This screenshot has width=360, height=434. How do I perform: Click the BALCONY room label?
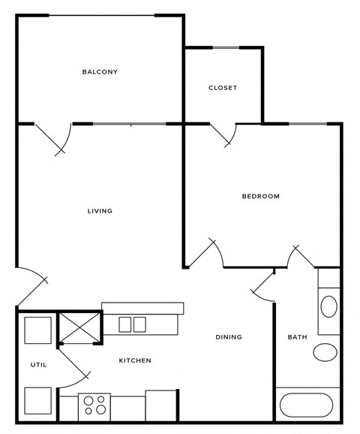pyautogui.click(x=100, y=72)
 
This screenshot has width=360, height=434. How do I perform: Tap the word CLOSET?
pyautogui.click(x=223, y=88)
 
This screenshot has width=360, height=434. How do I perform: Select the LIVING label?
pyautogui.click(x=100, y=211)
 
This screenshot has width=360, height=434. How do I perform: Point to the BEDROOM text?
pyautogui.click(x=260, y=197)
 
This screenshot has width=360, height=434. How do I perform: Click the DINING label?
pyautogui.click(x=229, y=337)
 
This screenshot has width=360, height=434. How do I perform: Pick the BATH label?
pyautogui.click(x=297, y=337)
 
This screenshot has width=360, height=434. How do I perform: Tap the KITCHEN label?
pyautogui.click(x=135, y=361)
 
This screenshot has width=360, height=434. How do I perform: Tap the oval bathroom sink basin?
pyautogui.click(x=328, y=306)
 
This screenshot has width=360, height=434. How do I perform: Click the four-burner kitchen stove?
pyautogui.click(x=95, y=405)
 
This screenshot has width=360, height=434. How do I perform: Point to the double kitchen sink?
pyautogui.click(x=131, y=324)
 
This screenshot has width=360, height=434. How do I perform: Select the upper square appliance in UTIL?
pyautogui.click(x=37, y=330)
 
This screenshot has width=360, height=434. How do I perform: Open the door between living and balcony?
pyautogui.click(x=57, y=140)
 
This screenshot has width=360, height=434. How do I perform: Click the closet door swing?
pyautogui.click(x=224, y=134)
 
